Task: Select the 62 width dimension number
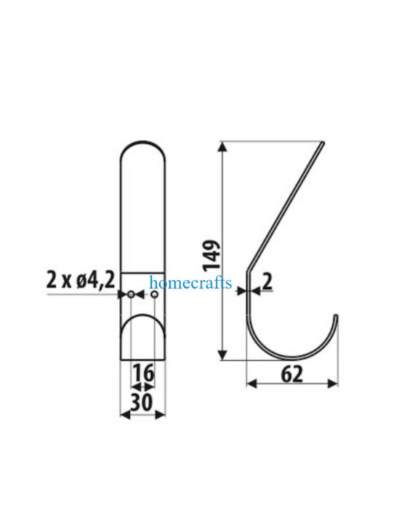coord(292,374)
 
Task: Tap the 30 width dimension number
coord(142,402)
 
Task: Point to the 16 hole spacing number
coord(144,373)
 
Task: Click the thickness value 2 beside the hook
coord(267,281)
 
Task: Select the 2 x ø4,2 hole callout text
coord(80,280)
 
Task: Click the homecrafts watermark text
coord(190,283)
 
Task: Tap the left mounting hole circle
coord(131,295)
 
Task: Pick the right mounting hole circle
coord(154,295)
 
